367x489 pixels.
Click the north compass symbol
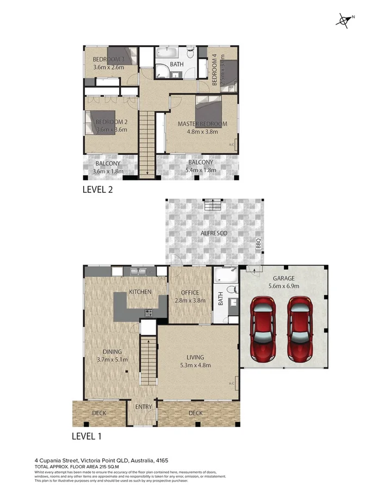click(344, 21)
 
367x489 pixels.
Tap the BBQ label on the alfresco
click(259, 242)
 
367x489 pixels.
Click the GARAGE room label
click(281, 278)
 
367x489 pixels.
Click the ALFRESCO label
click(213, 233)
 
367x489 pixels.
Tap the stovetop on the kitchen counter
click(148, 312)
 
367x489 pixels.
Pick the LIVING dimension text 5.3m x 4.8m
click(195, 365)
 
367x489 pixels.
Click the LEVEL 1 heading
click(86, 436)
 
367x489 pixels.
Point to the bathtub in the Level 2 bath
click(167, 53)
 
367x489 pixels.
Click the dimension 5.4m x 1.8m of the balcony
click(201, 170)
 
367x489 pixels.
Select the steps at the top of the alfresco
click(213, 205)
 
